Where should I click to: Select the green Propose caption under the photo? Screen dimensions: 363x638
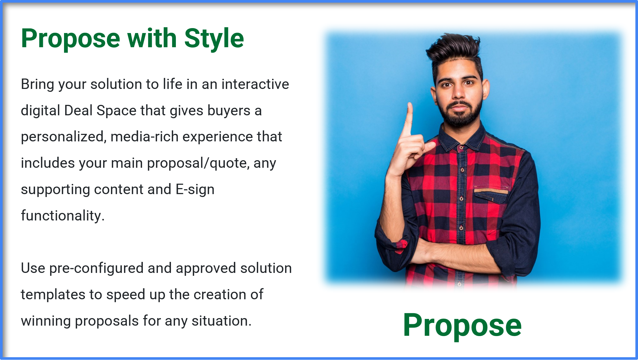(462, 325)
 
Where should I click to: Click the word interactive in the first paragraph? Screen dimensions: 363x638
(255, 84)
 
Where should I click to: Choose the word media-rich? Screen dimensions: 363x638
(144, 137)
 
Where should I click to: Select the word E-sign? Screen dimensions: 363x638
(195, 189)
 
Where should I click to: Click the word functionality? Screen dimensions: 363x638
(63, 216)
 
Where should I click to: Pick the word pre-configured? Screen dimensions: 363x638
(96, 268)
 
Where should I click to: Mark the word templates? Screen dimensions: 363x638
(53, 295)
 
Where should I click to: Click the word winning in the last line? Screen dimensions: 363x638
(46, 321)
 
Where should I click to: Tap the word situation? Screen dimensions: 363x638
(221, 321)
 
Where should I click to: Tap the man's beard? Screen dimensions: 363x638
(461, 116)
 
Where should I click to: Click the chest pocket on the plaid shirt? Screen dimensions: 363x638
(491, 196)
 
